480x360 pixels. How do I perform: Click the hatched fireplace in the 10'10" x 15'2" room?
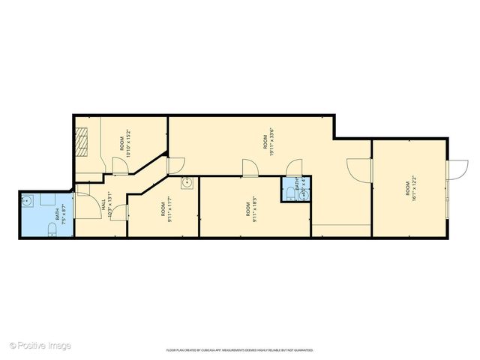click(81, 140)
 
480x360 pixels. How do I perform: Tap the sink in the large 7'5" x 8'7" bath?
click(27, 200)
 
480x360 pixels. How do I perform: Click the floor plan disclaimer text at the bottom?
click(239, 350)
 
